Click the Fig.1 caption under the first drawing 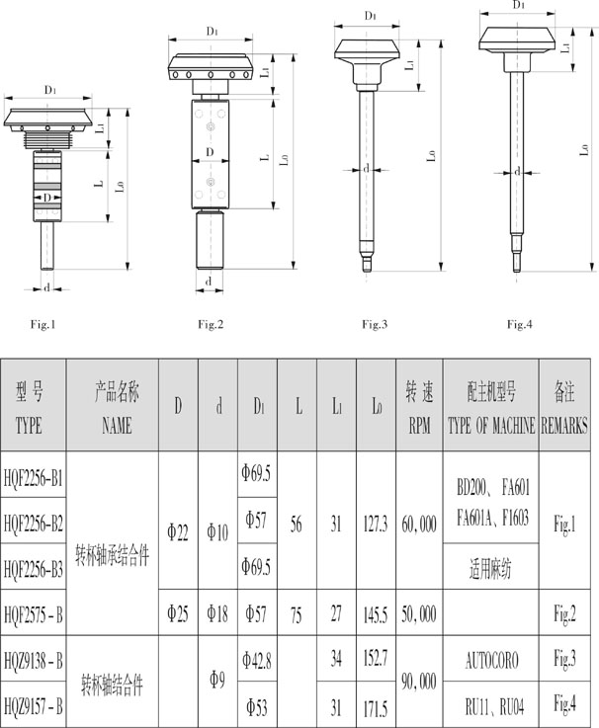tap(43, 324)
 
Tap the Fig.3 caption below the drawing tap(375, 324)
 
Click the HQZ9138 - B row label tap(33, 660)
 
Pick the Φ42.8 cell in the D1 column tap(257, 660)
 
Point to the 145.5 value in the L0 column tap(376, 615)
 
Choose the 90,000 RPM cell tap(419, 682)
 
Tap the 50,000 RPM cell tap(419, 614)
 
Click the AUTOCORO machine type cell tap(491, 660)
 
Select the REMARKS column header tap(564, 426)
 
